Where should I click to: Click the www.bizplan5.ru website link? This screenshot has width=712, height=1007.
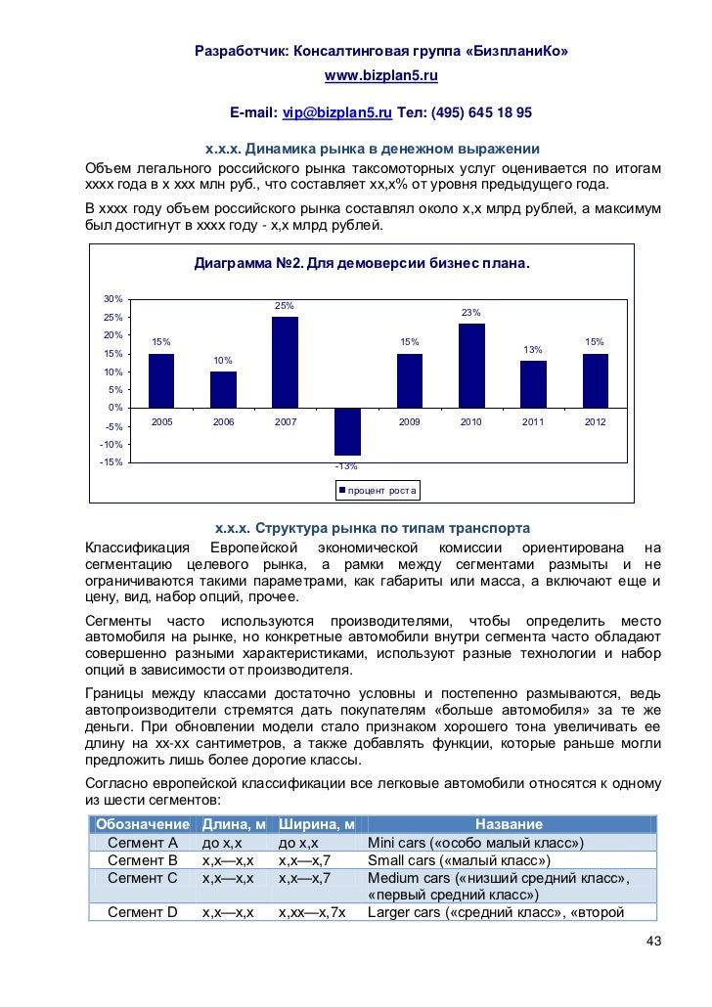click(380, 75)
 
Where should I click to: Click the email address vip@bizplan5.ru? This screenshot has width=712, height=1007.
click(336, 113)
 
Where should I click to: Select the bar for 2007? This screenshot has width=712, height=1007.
click(285, 362)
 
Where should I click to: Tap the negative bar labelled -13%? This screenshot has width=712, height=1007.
click(347, 431)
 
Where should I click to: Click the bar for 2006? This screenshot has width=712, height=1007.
click(223, 389)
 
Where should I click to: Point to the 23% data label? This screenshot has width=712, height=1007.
click(471, 313)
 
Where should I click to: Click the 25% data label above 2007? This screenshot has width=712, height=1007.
click(285, 306)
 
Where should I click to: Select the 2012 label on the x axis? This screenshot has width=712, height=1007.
click(595, 422)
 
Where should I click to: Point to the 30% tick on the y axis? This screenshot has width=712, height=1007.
click(112, 299)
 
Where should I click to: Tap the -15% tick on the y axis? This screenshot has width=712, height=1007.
click(111, 462)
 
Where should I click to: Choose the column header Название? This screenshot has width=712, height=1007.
click(509, 824)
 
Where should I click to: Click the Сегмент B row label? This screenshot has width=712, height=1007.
click(143, 860)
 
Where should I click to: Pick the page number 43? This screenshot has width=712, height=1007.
click(653, 941)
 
